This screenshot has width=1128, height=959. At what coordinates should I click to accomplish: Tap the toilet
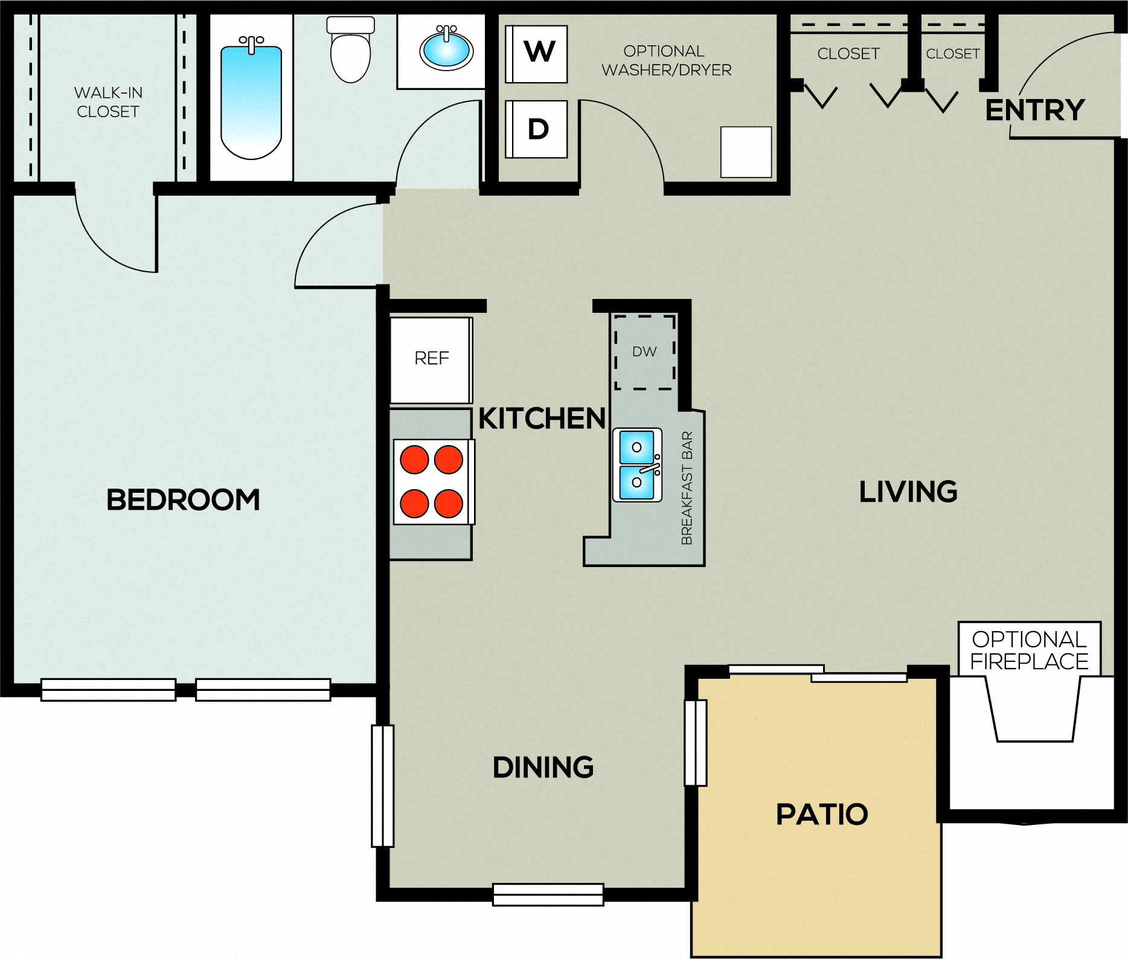pyautogui.click(x=350, y=50)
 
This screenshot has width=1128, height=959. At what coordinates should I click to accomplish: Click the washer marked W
pyautogui.click(x=536, y=54)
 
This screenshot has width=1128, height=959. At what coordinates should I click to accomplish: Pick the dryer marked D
pyautogui.click(x=536, y=129)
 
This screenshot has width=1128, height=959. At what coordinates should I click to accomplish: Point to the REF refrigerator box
pyautogui.click(x=431, y=360)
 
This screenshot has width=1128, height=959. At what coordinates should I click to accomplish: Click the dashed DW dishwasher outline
pyautogui.click(x=645, y=352)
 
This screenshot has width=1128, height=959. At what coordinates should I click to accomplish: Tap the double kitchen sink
pyautogui.click(x=638, y=465)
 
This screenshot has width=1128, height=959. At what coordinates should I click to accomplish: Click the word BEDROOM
pyautogui.click(x=183, y=500)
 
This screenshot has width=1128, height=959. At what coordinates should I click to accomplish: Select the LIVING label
pyautogui.click(x=908, y=492)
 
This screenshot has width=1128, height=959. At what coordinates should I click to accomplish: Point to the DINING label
pyautogui.click(x=543, y=768)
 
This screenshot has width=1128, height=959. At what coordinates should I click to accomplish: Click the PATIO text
pyautogui.click(x=822, y=815)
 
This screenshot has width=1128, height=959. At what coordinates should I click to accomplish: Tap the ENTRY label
pyautogui.click(x=1035, y=110)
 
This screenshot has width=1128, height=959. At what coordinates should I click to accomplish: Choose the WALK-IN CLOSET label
pyautogui.click(x=108, y=102)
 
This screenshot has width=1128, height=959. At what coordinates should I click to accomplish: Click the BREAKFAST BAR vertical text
pyautogui.click(x=687, y=488)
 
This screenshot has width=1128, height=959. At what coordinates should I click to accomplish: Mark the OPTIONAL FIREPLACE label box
pyautogui.click(x=1030, y=650)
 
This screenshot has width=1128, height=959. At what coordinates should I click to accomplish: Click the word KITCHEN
pyautogui.click(x=542, y=419)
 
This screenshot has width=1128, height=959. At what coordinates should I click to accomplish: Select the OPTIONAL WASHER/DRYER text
pyautogui.click(x=667, y=60)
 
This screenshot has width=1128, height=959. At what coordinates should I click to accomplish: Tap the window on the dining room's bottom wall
pyautogui.click(x=548, y=895)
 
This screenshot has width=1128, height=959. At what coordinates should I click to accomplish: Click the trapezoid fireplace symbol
pyautogui.click(x=1033, y=710)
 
